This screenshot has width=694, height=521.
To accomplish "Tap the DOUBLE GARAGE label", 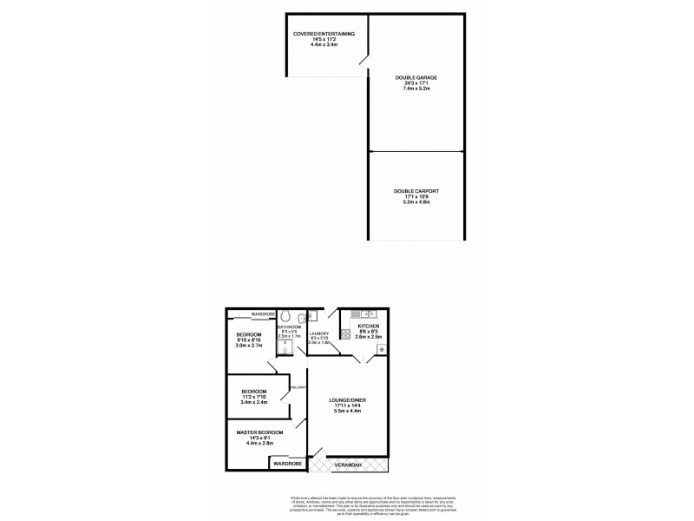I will point(416,78).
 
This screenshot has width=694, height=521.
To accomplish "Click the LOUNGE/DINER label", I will point(344,401).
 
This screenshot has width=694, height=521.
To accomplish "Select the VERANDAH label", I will point(350,466).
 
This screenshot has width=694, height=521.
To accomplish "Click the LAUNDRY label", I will point(318,333).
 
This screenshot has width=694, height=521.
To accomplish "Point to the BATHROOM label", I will point(289,326).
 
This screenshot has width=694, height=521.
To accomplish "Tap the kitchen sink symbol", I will point(368,313).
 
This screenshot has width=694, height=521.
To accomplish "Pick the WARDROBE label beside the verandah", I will point(286,465).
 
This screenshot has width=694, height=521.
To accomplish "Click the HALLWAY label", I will point(298,387).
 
